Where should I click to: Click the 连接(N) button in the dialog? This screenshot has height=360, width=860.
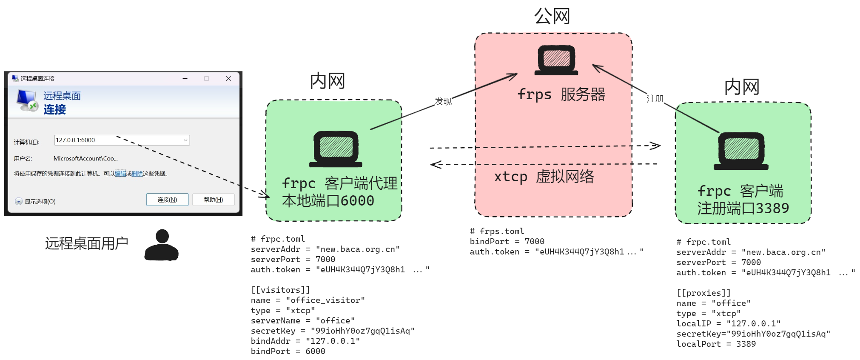tap(167, 200)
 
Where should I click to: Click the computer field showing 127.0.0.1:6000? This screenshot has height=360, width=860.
tap(121, 140)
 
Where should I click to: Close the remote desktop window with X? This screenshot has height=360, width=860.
tap(228, 79)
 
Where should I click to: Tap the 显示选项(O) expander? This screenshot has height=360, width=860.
tap(36, 201)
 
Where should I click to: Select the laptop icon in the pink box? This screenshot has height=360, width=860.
tap(556, 60)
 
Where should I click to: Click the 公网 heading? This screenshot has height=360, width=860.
tap(552, 17)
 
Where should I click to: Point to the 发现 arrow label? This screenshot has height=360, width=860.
tap(443, 101)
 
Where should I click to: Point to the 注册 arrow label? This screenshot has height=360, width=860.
tap(655, 99)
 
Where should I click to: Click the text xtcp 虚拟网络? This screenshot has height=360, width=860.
tap(544, 176)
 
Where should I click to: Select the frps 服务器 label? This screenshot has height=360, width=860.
tap(561, 94)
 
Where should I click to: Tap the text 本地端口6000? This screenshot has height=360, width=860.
tap(328, 200)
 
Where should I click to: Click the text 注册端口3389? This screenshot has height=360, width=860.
tap(743, 208)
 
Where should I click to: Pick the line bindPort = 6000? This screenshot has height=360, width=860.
tap(288, 351)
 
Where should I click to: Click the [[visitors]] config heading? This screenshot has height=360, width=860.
tap(280, 290)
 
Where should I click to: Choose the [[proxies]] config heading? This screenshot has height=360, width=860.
tap(703, 293)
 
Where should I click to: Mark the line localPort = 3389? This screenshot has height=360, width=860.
tap(716, 344)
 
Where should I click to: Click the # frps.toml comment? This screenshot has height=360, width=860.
tap(497, 231)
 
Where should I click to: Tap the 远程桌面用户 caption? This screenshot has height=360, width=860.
tap(87, 243)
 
